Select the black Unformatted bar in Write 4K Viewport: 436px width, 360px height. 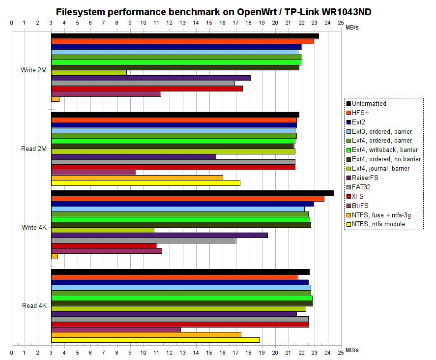pos(192,193)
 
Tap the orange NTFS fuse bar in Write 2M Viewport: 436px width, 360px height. pos(55,99)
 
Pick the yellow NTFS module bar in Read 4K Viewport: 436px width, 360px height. pos(155,340)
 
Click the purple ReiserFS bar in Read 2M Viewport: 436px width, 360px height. pos(134,156)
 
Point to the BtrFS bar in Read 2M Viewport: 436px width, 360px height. pos(93,172)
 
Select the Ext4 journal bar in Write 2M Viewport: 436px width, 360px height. pos(89,73)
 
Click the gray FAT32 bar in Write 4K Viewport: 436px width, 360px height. pos(144,240)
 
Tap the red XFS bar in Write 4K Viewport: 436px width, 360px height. pos(104,246)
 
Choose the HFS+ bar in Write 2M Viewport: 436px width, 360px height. pos(182,41)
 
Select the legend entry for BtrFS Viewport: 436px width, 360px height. pos(361,206)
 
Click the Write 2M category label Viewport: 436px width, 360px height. pos(34,70)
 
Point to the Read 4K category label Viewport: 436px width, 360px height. pos(34,306)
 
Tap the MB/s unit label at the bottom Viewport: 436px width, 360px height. pos(352,350)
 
